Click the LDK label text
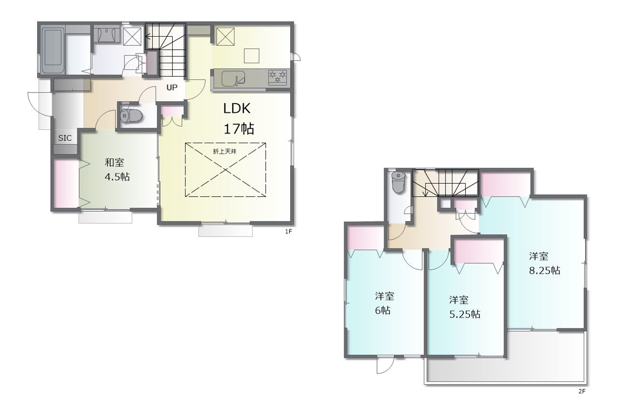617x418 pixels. click(237, 108)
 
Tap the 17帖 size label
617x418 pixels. click(239, 129)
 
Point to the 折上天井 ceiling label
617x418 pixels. click(225, 151)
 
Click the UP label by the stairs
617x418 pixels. click(172, 87)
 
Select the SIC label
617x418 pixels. click(65, 138)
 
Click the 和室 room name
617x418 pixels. click(114, 162)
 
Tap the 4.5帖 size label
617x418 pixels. click(117, 176)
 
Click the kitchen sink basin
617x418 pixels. click(233, 79)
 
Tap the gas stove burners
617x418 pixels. click(278, 77)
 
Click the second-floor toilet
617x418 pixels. click(398, 182)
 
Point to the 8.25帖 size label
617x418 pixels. click(545, 270)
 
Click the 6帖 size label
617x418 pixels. click(383, 310)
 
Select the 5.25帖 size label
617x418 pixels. click(465, 314)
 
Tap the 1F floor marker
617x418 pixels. click(288, 231)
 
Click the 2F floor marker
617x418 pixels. click(582, 391)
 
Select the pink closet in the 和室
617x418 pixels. click(66, 184)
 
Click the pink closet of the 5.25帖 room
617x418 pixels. click(478, 251)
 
